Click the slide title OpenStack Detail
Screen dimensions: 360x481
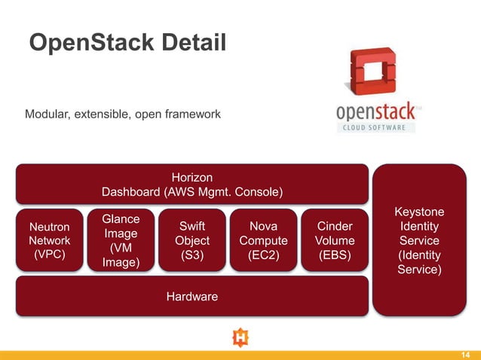point(127,43)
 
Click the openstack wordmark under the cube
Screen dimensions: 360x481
point(375,113)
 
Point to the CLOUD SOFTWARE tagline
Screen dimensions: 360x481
point(375,127)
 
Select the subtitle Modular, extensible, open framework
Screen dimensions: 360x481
point(123,114)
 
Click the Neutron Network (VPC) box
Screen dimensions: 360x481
point(49,240)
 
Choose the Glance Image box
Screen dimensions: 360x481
point(121,240)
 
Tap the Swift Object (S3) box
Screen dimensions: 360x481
point(191,240)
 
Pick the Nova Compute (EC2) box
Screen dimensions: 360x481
point(263,240)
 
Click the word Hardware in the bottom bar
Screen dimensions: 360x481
point(191,297)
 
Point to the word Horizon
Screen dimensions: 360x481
point(191,177)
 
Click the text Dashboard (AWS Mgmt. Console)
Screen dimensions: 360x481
point(191,192)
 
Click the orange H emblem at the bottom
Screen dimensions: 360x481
point(240,338)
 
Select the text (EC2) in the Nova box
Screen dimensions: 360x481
point(263,255)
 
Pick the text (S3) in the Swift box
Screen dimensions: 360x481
point(191,255)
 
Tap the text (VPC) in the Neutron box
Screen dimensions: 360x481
point(49,255)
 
